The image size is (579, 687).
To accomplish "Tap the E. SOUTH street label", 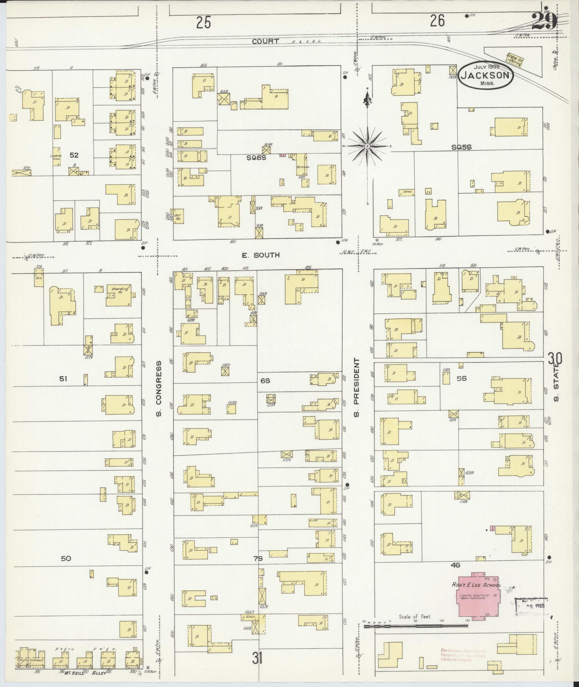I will (x=256, y=255).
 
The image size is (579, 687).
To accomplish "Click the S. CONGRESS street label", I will (x=158, y=389).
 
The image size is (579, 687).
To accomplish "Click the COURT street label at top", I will (x=265, y=41).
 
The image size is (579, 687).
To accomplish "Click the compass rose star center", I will (x=368, y=147).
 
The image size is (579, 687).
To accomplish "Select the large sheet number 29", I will (x=544, y=22).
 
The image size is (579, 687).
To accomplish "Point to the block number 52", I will (x=74, y=155).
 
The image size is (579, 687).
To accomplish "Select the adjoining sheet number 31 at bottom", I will (x=257, y=659).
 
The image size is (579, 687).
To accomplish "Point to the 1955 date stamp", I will (x=531, y=606).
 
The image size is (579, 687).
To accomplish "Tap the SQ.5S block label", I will (x=461, y=147).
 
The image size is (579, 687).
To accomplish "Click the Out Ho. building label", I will (x=178, y=217).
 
